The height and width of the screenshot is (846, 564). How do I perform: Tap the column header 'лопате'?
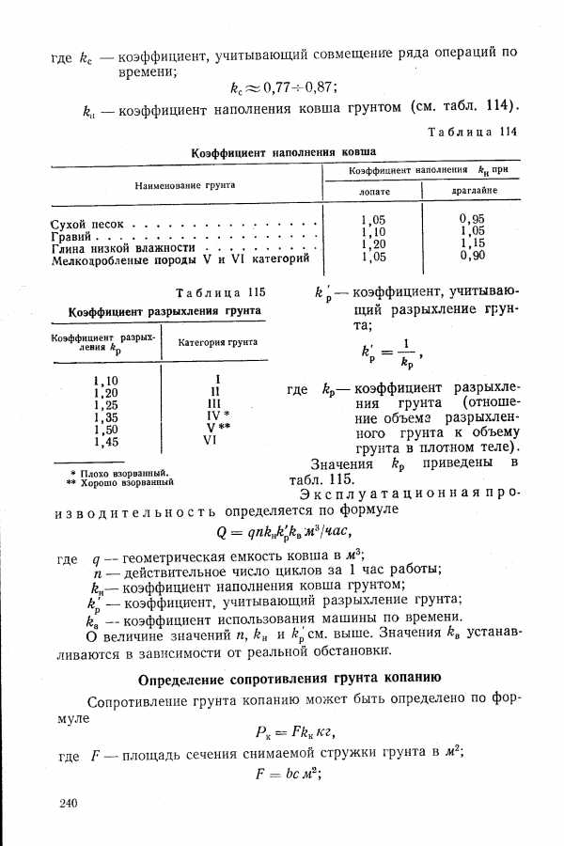(x=374, y=191)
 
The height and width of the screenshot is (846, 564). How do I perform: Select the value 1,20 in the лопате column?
(x=374, y=243)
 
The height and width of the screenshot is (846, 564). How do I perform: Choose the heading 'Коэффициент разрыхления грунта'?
(x=164, y=310)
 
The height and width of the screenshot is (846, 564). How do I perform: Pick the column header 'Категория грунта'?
(x=218, y=342)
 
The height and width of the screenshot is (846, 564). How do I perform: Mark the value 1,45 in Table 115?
(x=106, y=440)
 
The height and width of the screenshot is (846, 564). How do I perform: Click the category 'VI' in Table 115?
(x=217, y=440)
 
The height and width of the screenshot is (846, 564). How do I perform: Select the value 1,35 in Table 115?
(x=106, y=415)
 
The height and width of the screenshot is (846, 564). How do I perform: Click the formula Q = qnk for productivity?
(x=283, y=530)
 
